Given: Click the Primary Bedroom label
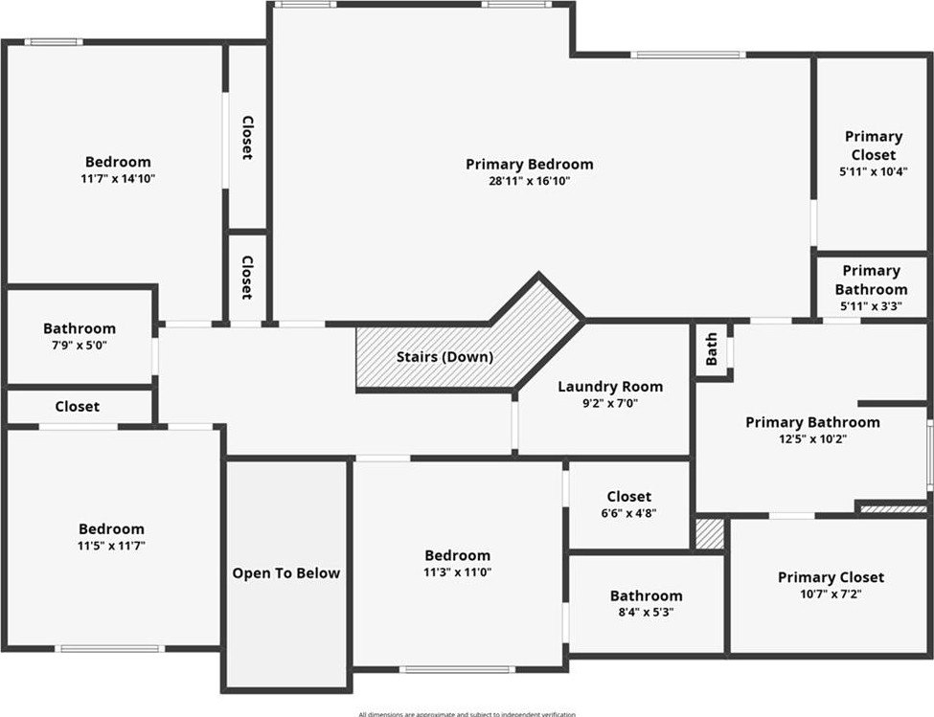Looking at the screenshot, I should (529, 165).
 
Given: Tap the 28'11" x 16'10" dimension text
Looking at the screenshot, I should (529, 181).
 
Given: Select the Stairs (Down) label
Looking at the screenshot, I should (444, 357).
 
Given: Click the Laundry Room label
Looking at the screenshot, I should (610, 387).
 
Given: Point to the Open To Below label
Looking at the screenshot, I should (285, 573).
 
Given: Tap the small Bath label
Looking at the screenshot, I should (712, 349).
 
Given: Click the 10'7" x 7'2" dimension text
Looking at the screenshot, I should (831, 594).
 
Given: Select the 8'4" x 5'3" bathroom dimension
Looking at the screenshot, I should (647, 612).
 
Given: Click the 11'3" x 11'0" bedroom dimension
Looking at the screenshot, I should (457, 571).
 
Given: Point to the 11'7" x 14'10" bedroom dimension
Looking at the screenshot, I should (118, 178).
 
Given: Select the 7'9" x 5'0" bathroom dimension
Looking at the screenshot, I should (79, 345).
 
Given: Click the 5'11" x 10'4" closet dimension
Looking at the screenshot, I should (873, 171).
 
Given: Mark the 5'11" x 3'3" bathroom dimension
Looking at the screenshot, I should (871, 305).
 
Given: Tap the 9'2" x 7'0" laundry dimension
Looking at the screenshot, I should (610, 403).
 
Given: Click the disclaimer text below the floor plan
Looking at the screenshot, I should (467, 713).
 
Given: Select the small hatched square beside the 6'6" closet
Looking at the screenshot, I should (709, 533).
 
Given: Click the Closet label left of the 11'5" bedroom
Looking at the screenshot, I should (77, 407).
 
